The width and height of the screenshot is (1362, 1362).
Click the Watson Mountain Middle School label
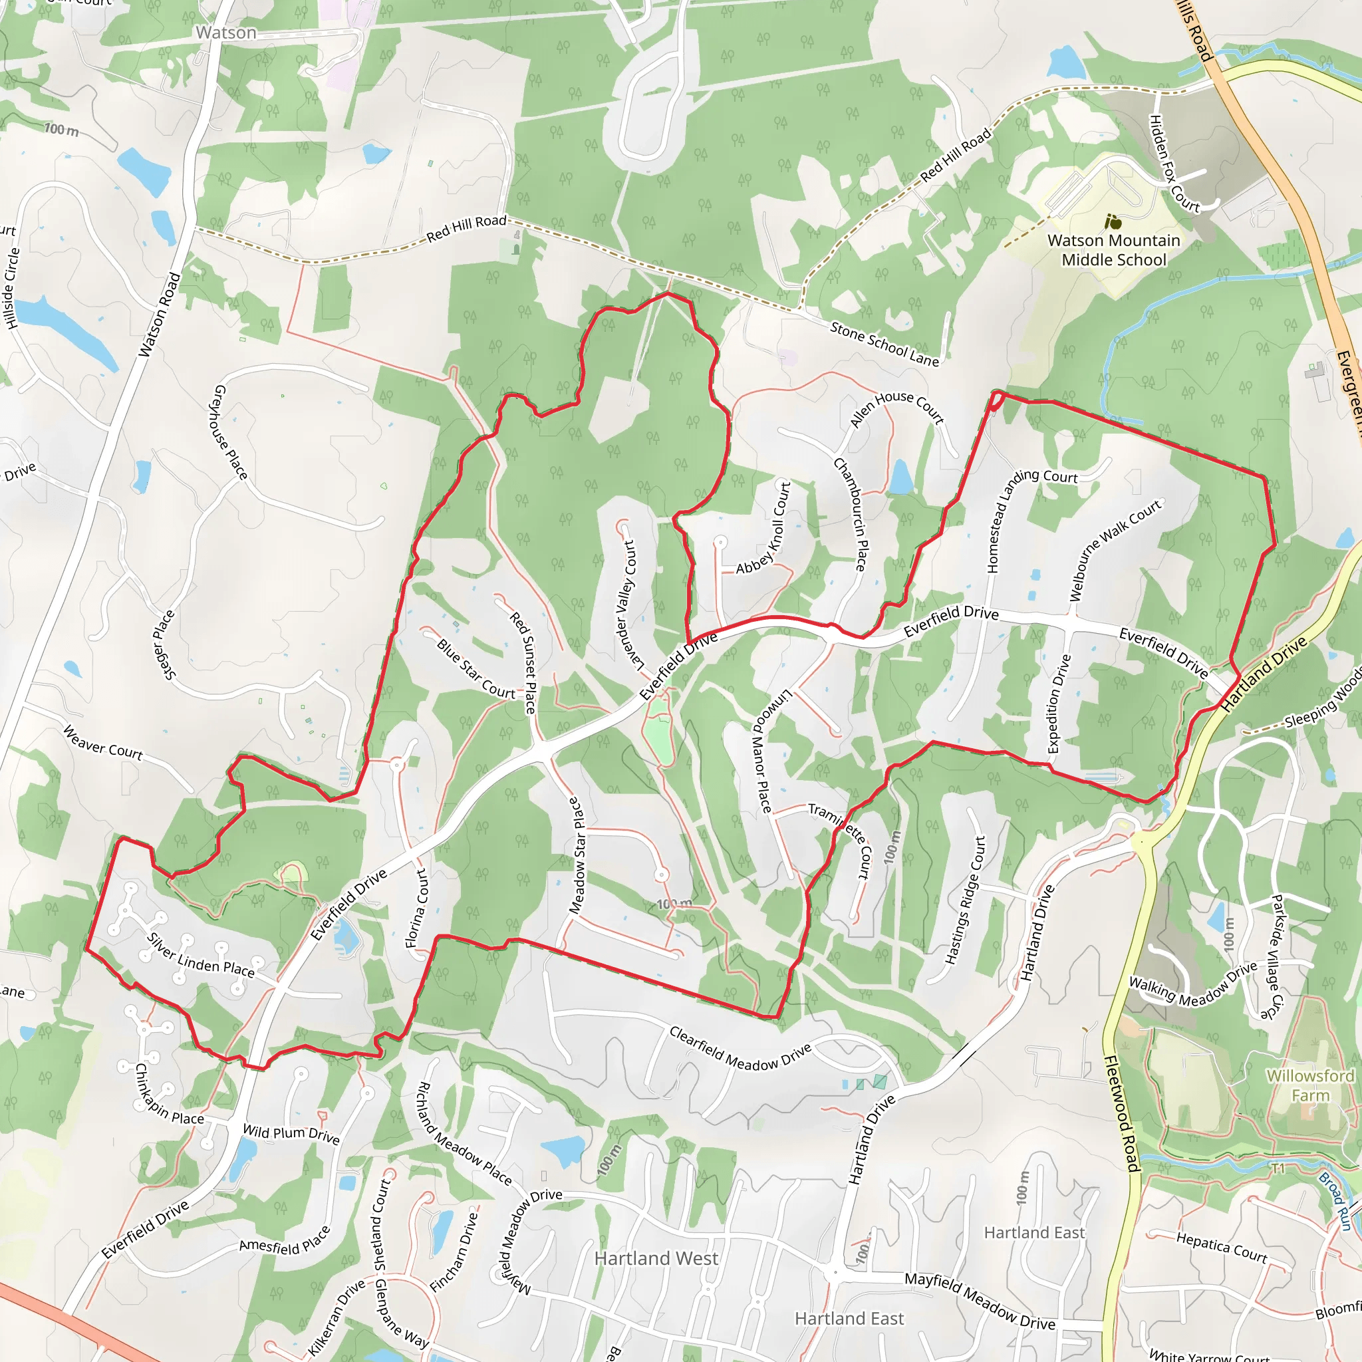point(1114,250)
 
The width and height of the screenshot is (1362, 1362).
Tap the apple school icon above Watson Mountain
point(1113,222)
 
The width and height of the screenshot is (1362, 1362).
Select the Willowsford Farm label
point(1310,1085)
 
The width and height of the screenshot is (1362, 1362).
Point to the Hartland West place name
point(656,1258)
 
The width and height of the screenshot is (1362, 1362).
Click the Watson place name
point(225,33)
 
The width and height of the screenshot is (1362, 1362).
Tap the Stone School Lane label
point(884,344)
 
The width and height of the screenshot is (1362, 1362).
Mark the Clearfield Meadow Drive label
point(740,1048)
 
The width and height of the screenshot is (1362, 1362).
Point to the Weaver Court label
point(103,743)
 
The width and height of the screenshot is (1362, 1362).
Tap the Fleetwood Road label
point(1121,1114)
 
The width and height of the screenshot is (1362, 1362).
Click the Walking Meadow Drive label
point(1193,984)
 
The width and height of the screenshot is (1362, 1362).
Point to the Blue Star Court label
point(476,668)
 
